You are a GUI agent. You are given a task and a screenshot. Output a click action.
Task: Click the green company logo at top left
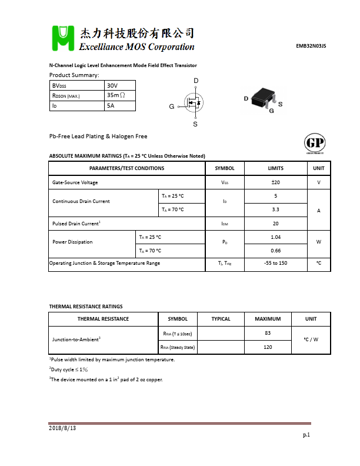(63, 39)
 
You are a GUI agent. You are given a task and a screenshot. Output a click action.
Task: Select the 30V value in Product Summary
(112, 86)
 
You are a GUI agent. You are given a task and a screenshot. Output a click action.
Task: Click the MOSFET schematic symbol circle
(194, 104)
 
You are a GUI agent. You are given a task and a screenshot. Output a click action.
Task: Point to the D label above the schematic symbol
(196, 81)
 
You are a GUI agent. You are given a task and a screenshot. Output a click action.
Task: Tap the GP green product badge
(315, 144)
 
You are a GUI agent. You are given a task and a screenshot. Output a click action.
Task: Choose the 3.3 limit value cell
(275, 209)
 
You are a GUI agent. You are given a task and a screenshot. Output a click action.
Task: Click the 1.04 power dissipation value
(275, 237)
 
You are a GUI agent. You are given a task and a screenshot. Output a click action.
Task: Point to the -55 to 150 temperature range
(275, 263)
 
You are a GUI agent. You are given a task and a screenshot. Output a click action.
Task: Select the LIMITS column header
(275, 168)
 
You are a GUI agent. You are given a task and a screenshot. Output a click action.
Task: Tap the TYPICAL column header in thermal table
(221, 319)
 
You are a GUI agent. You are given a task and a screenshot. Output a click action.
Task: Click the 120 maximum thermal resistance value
(268, 347)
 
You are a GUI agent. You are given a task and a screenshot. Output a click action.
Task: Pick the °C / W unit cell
(311, 340)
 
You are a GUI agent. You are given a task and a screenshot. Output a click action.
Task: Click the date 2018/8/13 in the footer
(62, 428)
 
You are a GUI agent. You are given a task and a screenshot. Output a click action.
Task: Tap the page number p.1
(306, 435)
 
